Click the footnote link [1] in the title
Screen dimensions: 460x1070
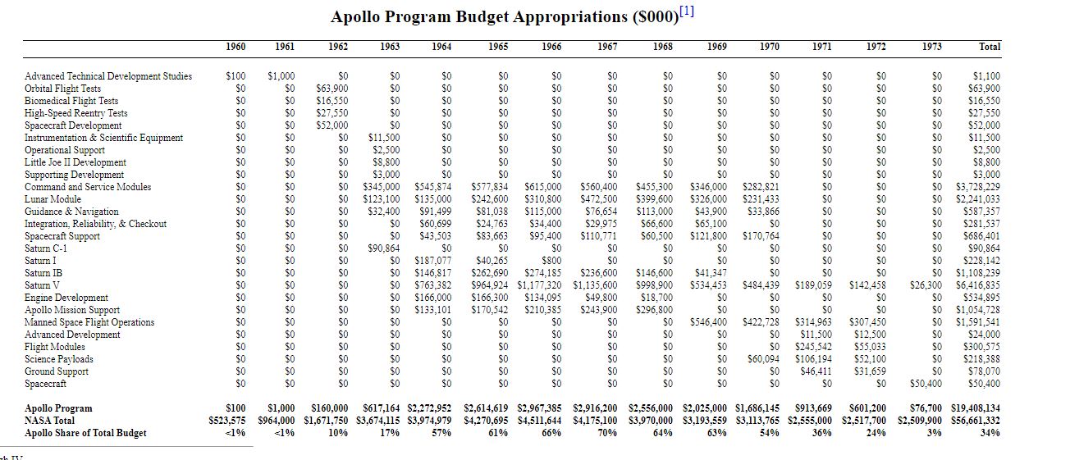[687, 11]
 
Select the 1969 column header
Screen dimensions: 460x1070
[716, 47]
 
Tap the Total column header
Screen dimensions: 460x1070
[990, 47]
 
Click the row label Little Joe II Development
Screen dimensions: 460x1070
[75, 162]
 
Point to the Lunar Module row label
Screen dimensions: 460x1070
[53, 199]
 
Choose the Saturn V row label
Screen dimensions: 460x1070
[43, 285]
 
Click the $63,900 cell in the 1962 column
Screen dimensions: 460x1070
[332, 89]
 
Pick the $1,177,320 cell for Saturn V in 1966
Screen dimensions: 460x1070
[539, 285]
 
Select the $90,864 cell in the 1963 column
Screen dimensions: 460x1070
[384, 248]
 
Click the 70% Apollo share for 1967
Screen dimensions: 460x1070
[607, 433]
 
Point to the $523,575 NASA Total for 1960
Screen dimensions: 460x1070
[227, 421]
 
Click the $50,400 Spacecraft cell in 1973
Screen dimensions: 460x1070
[926, 384]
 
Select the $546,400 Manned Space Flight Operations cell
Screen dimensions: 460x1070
[709, 322]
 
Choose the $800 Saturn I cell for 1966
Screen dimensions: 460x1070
[551, 261]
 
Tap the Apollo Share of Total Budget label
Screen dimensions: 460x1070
[85, 433]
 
